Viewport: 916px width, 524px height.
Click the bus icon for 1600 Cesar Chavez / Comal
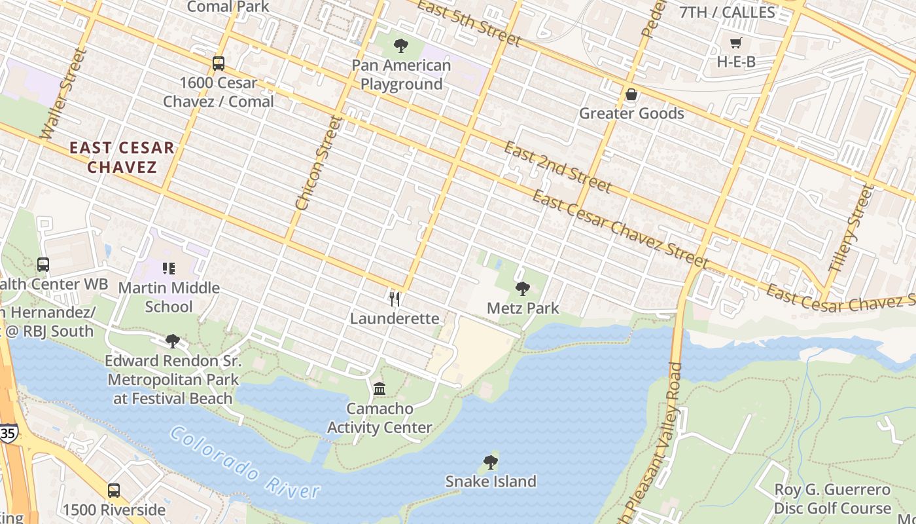tap(219, 64)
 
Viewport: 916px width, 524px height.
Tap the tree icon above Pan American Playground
tap(401, 46)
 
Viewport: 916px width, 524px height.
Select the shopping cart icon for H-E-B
tap(736, 43)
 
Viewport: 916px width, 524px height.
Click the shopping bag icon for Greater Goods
tap(631, 95)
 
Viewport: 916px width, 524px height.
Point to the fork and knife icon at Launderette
tap(395, 299)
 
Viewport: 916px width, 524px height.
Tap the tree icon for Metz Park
tap(523, 288)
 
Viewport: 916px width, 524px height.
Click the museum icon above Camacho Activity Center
tap(379, 389)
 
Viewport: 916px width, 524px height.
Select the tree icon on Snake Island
tap(491, 462)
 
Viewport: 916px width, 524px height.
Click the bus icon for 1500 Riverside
tap(114, 490)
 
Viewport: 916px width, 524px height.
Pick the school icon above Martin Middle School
tap(169, 269)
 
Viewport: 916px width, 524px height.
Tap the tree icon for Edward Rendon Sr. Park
tap(173, 341)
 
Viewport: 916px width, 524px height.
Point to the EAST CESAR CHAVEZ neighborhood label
tap(122, 157)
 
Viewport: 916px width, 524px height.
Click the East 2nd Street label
tap(557, 168)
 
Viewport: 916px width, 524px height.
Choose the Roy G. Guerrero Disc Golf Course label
tap(832, 499)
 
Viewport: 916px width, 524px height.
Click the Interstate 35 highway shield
tap(8, 433)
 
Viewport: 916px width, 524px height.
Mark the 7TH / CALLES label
tap(727, 12)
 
